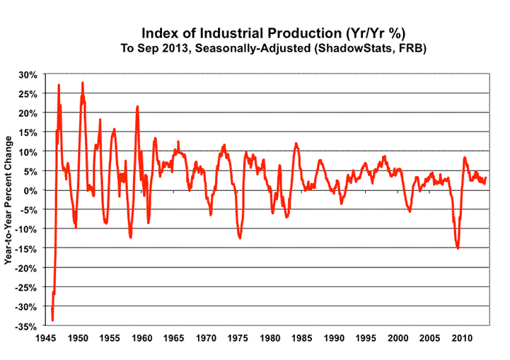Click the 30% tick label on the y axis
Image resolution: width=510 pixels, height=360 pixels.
(30, 74)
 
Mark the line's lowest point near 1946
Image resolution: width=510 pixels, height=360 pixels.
(52, 320)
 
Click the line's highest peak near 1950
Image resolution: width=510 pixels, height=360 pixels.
(83, 83)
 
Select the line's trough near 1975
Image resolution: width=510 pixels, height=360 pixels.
(240, 238)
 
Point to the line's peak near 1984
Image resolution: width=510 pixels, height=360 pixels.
(296, 144)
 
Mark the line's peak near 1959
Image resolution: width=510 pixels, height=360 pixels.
(137, 107)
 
